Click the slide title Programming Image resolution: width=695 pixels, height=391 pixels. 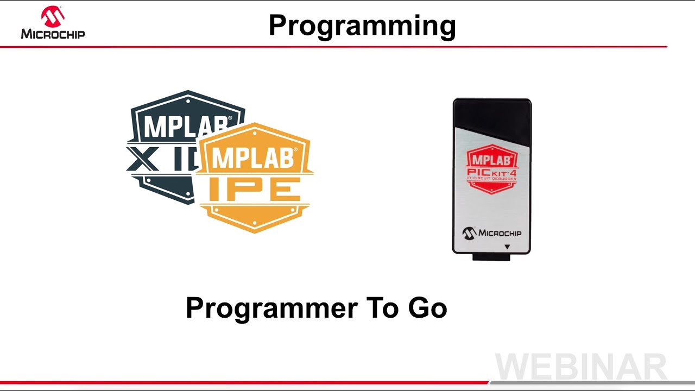pos(362,26)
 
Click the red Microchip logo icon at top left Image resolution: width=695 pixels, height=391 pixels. pos(53,16)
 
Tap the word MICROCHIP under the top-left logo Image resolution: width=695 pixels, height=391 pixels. pos(53,34)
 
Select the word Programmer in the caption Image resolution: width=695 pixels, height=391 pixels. pos(271,308)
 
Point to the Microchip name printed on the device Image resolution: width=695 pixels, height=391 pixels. pos(500,233)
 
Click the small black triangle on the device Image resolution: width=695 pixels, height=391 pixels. pos(507,247)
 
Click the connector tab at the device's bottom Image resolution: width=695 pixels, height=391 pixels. pos(491,257)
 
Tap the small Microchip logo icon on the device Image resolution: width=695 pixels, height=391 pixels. pos(469,233)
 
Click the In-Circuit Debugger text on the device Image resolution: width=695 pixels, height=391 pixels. pos(492,179)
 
